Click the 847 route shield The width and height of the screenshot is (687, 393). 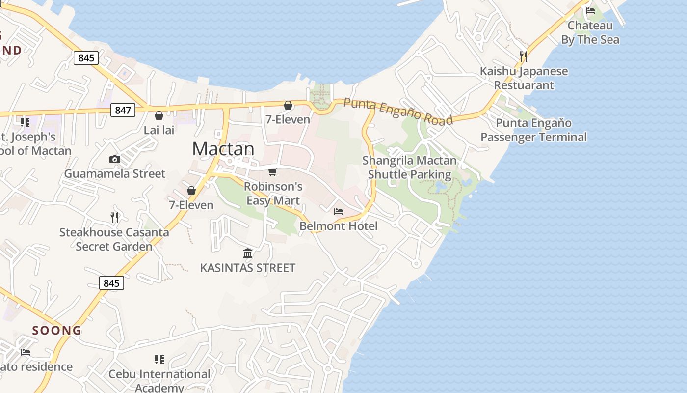pyautogui.click(x=123, y=110)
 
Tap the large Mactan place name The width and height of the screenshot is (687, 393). pyautogui.click(x=223, y=148)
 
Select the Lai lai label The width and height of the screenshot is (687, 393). pyautogui.click(x=159, y=131)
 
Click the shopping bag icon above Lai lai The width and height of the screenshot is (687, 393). pyautogui.click(x=159, y=116)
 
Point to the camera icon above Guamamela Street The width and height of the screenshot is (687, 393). pyautogui.click(x=115, y=159)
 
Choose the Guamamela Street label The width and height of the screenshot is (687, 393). pyautogui.click(x=115, y=174)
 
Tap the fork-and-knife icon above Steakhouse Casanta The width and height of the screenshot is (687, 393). pyautogui.click(x=114, y=217)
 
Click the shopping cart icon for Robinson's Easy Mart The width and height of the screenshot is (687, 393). pyautogui.click(x=273, y=172)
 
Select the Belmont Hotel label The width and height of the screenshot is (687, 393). pyautogui.click(x=339, y=226)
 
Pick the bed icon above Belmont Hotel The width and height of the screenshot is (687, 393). pyautogui.click(x=339, y=212)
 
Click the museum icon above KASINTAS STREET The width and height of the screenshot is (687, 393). pyautogui.click(x=248, y=253)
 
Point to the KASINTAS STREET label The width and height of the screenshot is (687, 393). pyautogui.click(x=248, y=268)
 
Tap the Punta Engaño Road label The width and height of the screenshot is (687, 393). pyautogui.click(x=397, y=112)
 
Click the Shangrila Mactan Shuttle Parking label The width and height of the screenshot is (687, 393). pyautogui.click(x=409, y=168)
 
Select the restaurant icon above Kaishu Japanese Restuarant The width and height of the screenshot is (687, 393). pyautogui.click(x=524, y=56)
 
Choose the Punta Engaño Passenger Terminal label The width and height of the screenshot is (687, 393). pyautogui.click(x=533, y=130)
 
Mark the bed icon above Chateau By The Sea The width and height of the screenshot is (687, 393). pyautogui.click(x=590, y=11)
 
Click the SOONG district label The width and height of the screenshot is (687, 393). pyautogui.click(x=57, y=330)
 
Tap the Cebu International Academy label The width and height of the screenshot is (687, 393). pyautogui.click(x=159, y=381)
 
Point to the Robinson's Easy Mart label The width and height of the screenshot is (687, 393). pyautogui.click(x=273, y=194)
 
